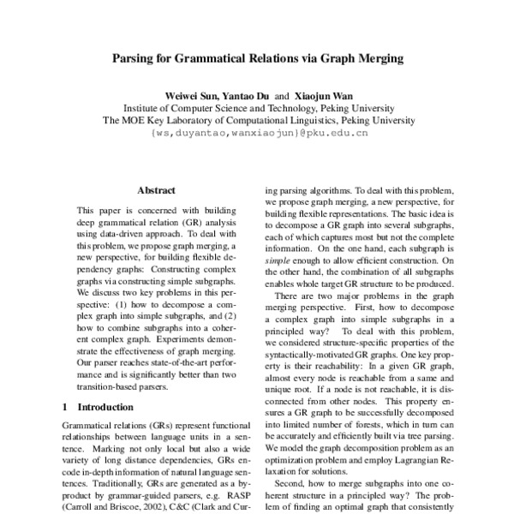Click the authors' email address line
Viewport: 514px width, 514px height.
(x=258, y=134)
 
